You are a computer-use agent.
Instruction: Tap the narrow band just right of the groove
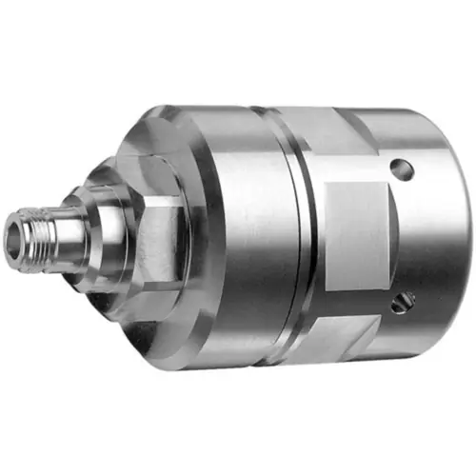tap(319, 238)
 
